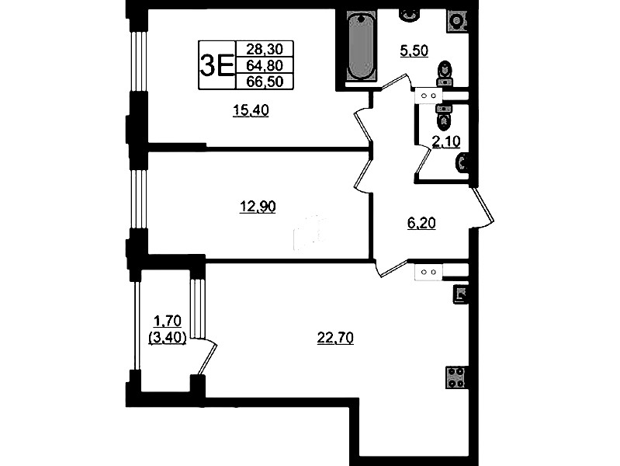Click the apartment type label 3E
click(216, 65)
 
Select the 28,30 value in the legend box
click(265, 49)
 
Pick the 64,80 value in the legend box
click(265, 65)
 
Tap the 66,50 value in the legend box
click(265, 82)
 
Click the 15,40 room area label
click(251, 110)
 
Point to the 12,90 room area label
click(258, 207)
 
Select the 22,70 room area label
click(335, 338)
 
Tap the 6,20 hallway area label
click(421, 224)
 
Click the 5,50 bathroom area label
click(414, 51)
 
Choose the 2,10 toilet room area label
click(446, 141)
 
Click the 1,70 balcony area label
click(168, 320)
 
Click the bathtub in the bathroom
click(360, 46)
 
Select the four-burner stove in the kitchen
click(455, 377)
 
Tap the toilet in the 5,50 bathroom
click(445, 74)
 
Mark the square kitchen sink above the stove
click(461, 294)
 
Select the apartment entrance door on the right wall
click(483, 208)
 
